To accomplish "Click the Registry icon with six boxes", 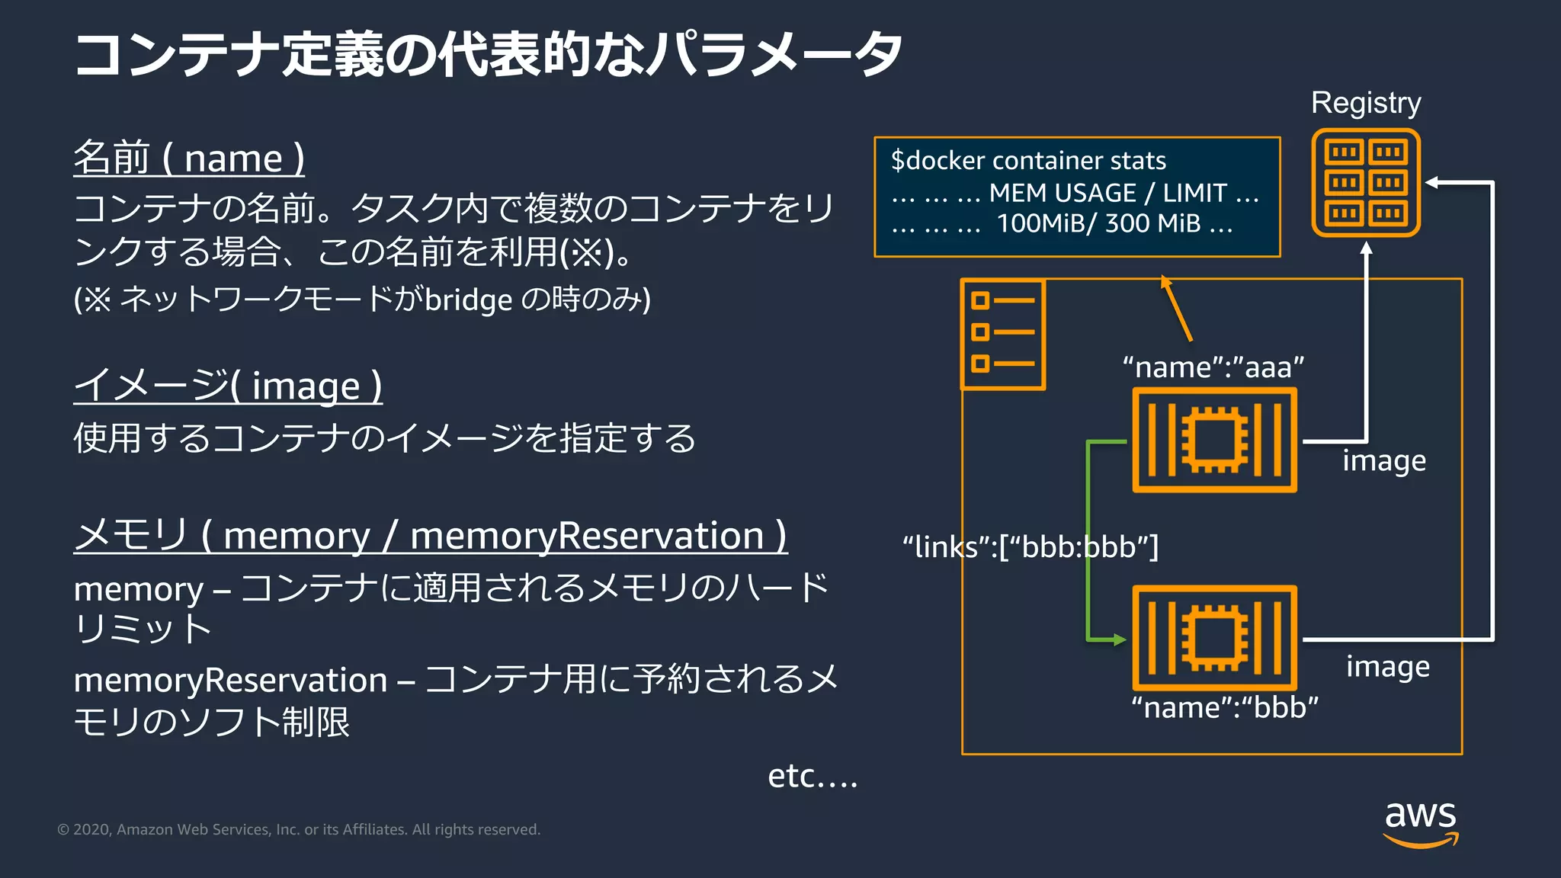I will tap(1365, 183).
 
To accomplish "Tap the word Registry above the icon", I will tap(1365, 103).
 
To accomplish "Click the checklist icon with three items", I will tap(1002, 334).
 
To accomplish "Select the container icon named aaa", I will tap(1214, 441).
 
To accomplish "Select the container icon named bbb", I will tap(1214, 638).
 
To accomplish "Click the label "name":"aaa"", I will tap(1213, 367).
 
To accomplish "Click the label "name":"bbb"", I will tap(1224, 708).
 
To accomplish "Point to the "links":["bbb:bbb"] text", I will tap(1030, 547).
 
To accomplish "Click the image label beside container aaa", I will tap(1383, 461).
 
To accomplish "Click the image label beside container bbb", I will tap(1387, 667).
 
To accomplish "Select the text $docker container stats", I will tap(1028, 161).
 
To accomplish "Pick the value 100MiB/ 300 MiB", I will tap(1098, 223).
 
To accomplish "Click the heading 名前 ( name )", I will tap(189, 159).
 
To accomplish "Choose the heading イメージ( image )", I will tap(228, 386).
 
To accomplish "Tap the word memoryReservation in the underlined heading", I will tap(587, 536).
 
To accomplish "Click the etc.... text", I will tap(812, 777).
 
